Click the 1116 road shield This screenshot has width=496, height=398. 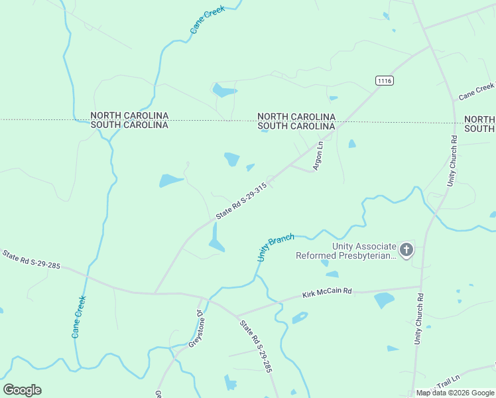point(384,80)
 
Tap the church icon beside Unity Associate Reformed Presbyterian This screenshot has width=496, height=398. point(406,250)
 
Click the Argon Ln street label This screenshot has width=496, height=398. point(318,155)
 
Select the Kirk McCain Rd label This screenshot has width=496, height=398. point(327,293)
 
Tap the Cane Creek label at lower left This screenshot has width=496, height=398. point(79,317)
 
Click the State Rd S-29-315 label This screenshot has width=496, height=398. point(241,202)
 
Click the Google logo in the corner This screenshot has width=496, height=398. point(22,390)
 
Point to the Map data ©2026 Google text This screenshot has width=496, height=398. point(454,393)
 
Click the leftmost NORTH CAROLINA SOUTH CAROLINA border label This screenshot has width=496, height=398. point(129,120)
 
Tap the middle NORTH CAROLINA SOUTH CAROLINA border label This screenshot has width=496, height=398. point(296,121)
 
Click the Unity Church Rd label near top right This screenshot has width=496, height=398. point(452,161)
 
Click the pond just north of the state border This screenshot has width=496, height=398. point(223,90)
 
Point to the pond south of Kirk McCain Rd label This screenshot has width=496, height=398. point(384,300)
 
